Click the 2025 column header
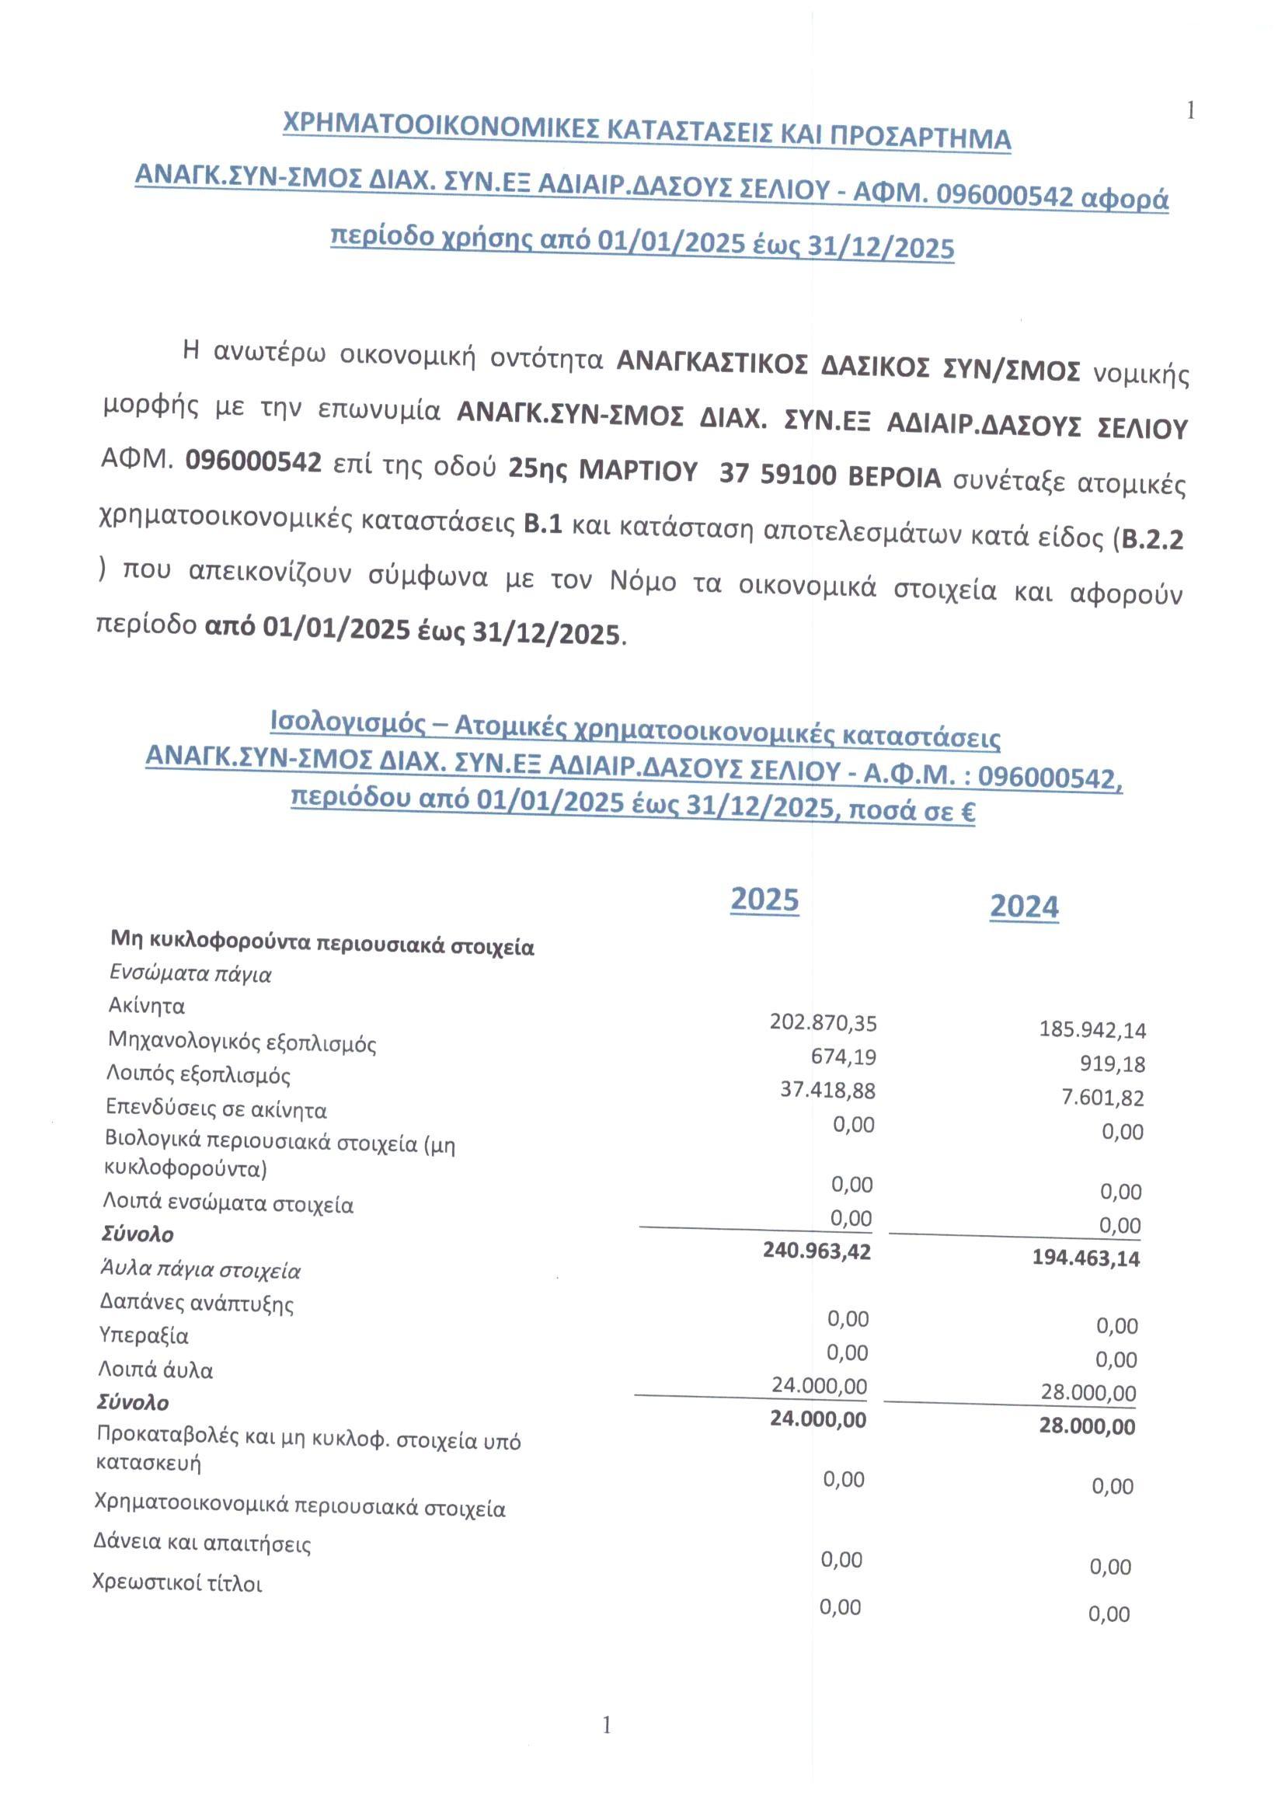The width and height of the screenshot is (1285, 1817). coord(764,900)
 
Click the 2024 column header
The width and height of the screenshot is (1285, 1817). coord(1024,906)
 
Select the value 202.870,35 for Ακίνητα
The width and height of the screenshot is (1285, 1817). coord(823,1023)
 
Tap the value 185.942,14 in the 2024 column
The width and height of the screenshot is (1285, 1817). coord(1092,1029)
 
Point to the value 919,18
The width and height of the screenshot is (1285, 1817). coord(1113,1063)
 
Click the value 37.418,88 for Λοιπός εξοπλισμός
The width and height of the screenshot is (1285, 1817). coord(827,1091)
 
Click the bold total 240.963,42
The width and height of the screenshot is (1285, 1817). coord(817,1251)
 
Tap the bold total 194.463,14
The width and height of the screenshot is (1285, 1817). coord(1085,1258)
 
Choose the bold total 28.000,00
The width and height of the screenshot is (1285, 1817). coord(1087,1427)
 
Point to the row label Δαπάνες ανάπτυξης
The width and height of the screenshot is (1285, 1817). coord(197,1304)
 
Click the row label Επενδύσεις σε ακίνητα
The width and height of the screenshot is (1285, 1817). coord(217,1109)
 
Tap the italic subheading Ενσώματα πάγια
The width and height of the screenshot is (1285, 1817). coord(190,974)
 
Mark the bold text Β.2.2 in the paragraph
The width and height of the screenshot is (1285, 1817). coord(1152,540)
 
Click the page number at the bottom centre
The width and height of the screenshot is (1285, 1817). coord(607,1725)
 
